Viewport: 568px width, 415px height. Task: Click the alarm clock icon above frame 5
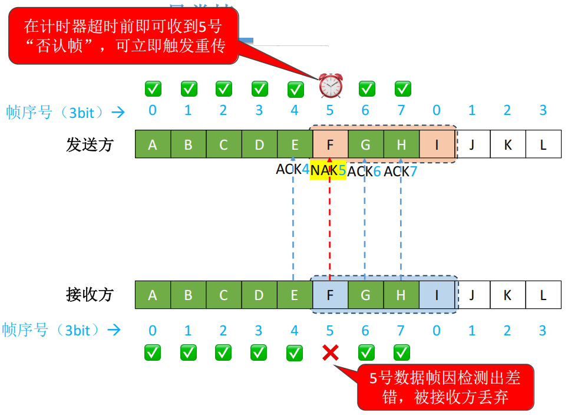(x=331, y=86)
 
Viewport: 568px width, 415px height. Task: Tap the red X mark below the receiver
(x=331, y=353)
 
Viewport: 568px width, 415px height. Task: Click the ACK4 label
(x=293, y=169)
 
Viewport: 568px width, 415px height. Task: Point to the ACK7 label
(x=401, y=171)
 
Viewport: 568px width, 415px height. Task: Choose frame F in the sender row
(x=330, y=144)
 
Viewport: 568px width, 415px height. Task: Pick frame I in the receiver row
(x=437, y=295)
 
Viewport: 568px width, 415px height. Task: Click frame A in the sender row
(x=153, y=144)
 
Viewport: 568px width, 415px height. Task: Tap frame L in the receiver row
(x=543, y=295)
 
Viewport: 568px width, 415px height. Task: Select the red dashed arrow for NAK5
(x=330, y=224)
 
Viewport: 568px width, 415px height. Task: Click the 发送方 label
(x=90, y=144)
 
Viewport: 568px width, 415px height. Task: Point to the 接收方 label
(x=90, y=295)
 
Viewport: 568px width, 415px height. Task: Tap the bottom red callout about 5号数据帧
(x=445, y=387)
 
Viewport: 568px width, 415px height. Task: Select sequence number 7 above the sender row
(x=401, y=110)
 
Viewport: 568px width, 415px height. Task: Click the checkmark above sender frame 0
(x=153, y=89)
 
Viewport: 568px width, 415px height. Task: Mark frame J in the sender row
(x=472, y=144)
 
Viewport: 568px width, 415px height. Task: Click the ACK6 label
(x=364, y=172)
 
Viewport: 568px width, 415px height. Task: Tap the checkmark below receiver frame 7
(x=402, y=353)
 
